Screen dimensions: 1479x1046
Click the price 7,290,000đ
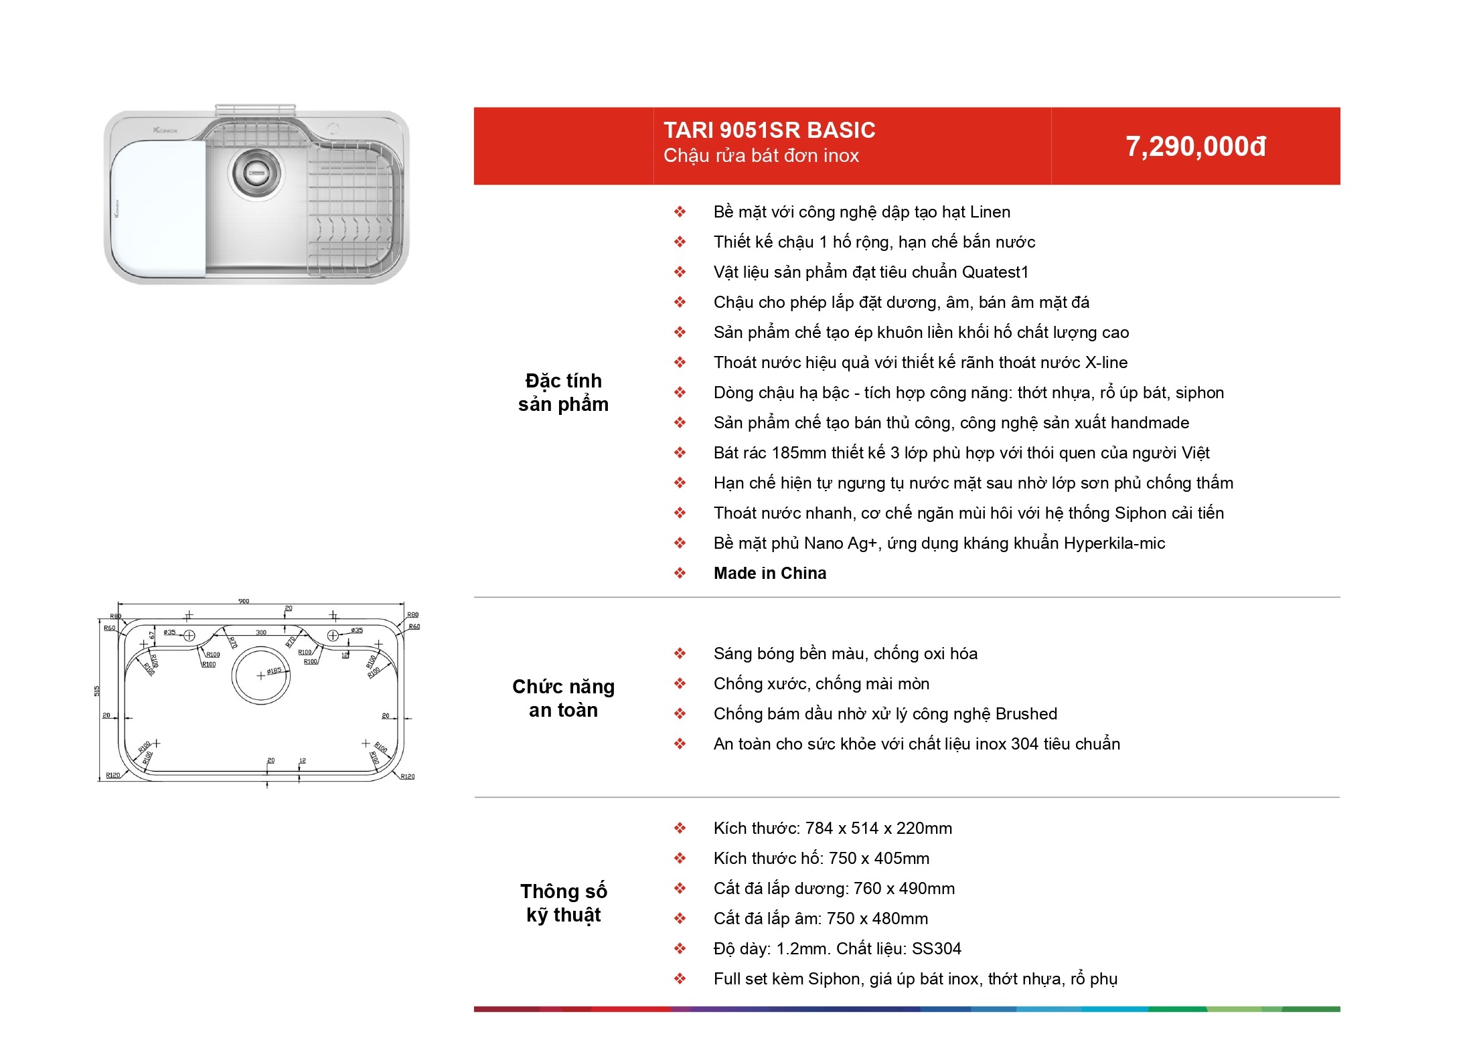click(1196, 147)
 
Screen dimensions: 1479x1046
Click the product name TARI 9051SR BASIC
click(769, 130)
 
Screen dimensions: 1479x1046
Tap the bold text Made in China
click(770, 573)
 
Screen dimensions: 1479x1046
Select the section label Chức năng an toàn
click(563, 698)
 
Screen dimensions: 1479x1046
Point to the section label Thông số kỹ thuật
click(564, 903)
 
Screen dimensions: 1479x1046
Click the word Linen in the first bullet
click(990, 212)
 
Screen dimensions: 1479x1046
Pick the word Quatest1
click(995, 272)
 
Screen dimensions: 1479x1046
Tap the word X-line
click(1106, 363)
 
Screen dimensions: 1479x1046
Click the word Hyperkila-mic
click(1114, 543)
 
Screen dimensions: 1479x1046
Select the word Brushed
click(1026, 714)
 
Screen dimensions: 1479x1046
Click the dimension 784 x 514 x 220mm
click(878, 829)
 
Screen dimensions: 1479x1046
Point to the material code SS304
click(937, 949)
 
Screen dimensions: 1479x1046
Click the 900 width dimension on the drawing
click(244, 601)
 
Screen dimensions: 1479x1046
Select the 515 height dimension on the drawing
click(97, 691)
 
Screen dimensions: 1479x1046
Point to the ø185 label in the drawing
click(274, 671)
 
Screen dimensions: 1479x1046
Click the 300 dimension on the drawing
click(261, 632)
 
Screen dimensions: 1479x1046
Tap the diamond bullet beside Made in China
click(680, 574)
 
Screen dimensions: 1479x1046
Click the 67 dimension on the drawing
click(153, 634)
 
